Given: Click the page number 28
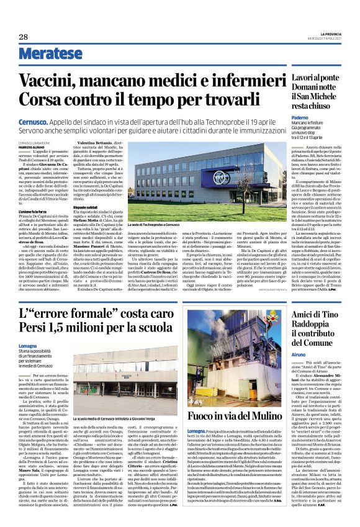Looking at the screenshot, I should pyautogui.click(x=24, y=37).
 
